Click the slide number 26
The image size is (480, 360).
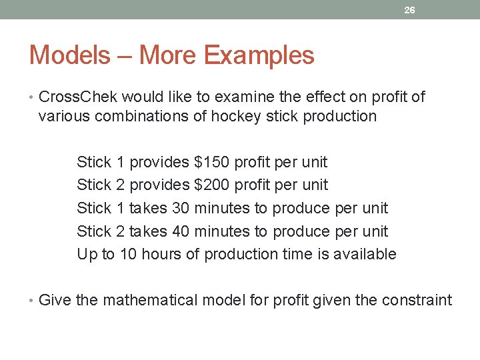410,10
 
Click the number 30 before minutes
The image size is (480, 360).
181,208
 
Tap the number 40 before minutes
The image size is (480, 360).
181,231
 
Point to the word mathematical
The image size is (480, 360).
149,300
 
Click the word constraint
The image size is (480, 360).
417,300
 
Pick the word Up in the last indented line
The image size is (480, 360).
86,255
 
